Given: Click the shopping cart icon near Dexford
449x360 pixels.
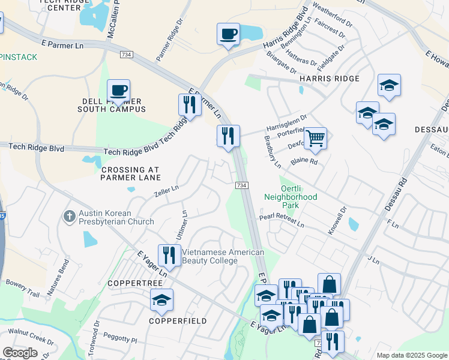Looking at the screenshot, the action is pos(315,139).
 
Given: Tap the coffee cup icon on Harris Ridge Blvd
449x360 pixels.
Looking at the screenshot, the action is pos(228,34).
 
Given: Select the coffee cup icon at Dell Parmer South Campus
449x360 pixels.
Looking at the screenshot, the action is pos(118,91).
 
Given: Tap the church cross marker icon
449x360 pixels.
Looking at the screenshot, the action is pos(70,216).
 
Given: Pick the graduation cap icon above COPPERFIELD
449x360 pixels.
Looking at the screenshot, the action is pos(161,301).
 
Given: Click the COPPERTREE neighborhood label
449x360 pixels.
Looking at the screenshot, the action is pos(135,282).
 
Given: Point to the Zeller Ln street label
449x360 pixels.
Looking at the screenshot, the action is pos(166,190).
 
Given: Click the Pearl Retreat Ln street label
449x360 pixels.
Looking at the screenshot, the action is pos(282,221).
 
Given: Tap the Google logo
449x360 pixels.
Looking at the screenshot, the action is pos(20,353).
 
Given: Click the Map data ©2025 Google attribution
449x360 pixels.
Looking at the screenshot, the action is pos(411,355).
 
